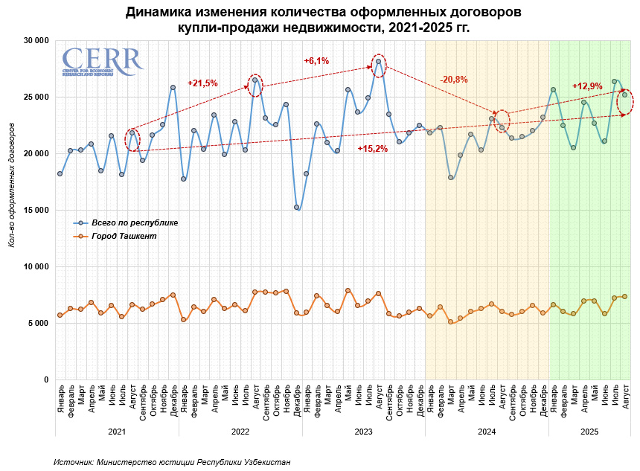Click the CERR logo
(x=102, y=62)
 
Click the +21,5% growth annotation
(x=202, y=83)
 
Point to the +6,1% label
(x=317, y=61)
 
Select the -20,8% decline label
(x=454, y=80)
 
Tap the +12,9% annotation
(x=586, y=86)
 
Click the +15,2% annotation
(x=372, y=149)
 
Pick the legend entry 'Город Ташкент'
(x=124, y=237)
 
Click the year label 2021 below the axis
(x=116, y=432)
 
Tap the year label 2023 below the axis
(x=363, y=432)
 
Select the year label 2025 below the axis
(x=589, y=432)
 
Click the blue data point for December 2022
(x=296, y=208)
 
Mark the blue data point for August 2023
(x=378, y=62)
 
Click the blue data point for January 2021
(x=60, y=174)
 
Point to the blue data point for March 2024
(x=450, y=178)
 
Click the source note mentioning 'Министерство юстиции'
(x=172, y=462)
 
